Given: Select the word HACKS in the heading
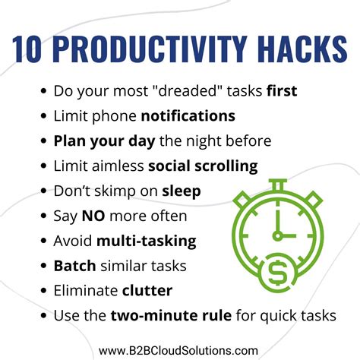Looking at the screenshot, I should pos(298,48).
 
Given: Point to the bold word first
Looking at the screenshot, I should pos(281,91).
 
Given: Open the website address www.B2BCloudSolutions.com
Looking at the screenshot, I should pos(180,349).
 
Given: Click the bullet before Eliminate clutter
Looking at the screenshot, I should pos(43,290).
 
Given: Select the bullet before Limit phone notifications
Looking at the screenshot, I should pos(43,116).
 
